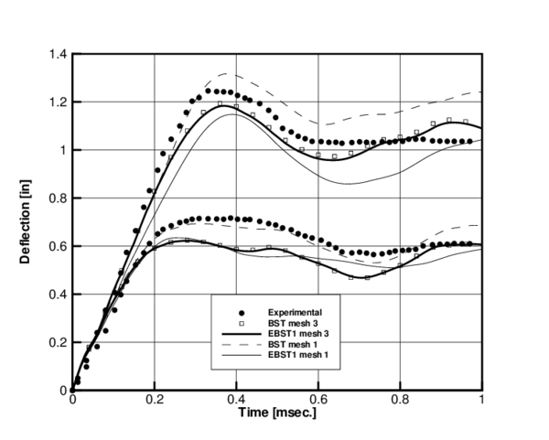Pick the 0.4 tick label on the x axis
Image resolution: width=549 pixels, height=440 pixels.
(x=236, y=400)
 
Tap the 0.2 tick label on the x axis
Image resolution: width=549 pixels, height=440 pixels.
(x=155, y=400)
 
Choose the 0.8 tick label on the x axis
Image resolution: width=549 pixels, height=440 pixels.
(x=400, y=400)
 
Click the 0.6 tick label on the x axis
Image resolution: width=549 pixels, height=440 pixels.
(x=318, y=400)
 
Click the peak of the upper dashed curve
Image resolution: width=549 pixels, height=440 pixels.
(x=228, y=74)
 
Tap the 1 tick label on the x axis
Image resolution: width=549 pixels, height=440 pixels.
(x=481, y=400)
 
